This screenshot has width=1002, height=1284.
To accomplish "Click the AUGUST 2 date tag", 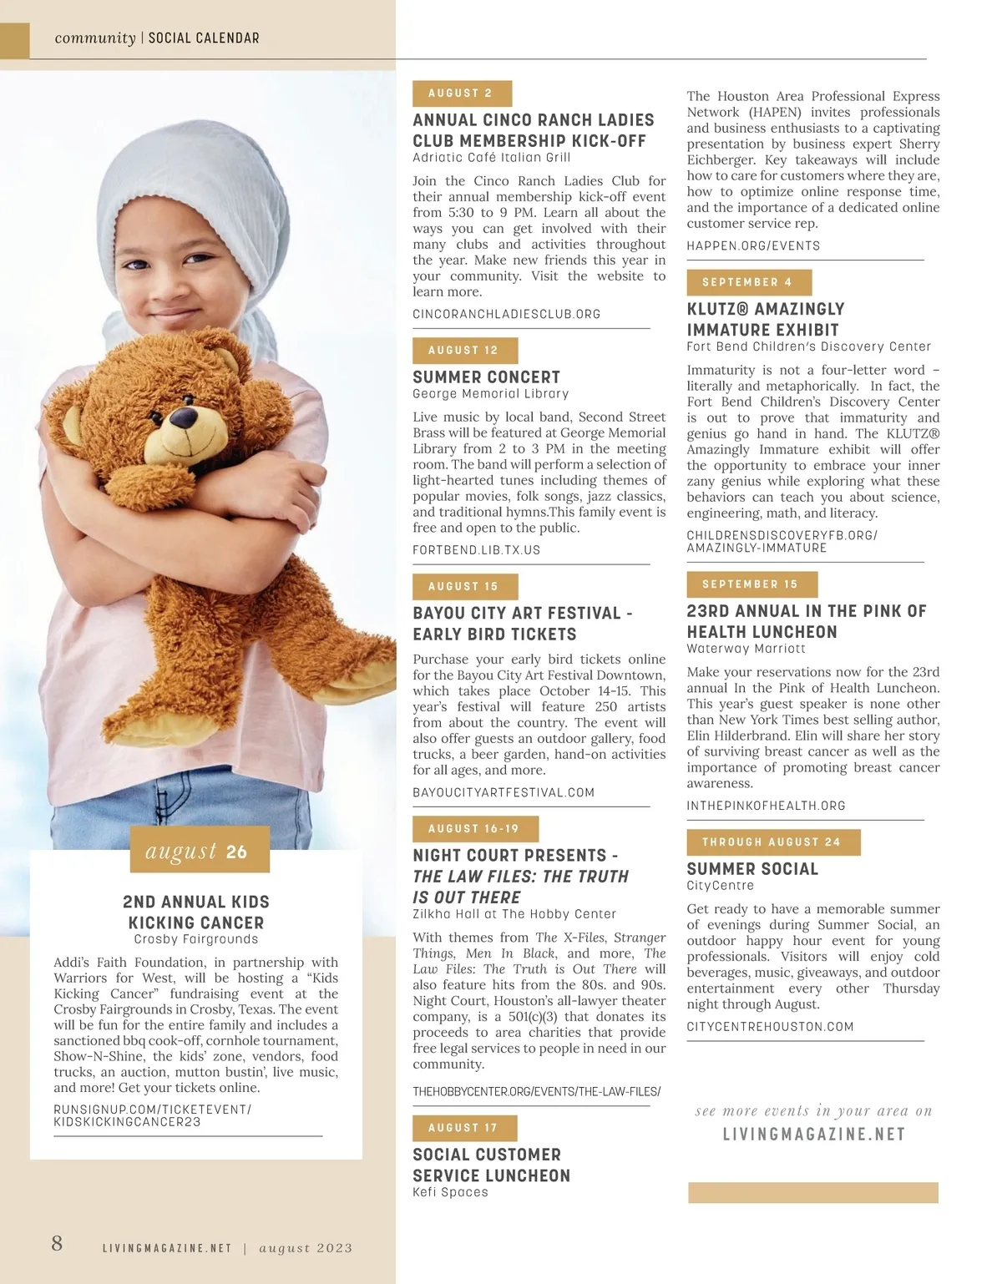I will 462,94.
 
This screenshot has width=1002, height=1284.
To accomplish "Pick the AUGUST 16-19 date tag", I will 475,829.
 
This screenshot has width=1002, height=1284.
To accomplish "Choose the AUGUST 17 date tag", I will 464,1128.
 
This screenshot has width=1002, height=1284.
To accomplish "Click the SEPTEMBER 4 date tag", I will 748,282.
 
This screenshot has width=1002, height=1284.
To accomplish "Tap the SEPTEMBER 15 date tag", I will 751,584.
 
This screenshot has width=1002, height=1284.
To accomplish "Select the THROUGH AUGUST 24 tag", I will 773,842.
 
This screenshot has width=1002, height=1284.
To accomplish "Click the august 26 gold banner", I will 200,851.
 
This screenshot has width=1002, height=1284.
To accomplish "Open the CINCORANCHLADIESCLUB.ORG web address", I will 507,315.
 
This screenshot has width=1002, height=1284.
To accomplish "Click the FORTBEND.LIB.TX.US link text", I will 477,550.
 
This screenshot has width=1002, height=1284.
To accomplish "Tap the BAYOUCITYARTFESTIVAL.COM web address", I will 504,792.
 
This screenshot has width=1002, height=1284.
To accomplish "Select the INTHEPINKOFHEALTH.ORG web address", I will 766,806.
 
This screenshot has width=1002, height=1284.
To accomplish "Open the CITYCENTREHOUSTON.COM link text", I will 770,1027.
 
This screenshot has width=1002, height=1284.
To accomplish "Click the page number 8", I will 57,1243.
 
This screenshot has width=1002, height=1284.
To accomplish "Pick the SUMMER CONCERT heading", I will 487,377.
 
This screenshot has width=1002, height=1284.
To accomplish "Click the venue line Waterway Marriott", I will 746,649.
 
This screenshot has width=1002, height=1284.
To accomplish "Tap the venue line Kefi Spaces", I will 450,1192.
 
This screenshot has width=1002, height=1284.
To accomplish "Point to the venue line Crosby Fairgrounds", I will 196,939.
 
